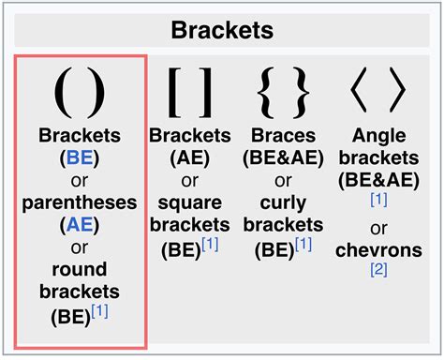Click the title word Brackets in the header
[x=221, y=28]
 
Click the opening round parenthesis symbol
[x=61, y=93]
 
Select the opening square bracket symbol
[x=175, y=93]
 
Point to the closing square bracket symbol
[x=207, y=93]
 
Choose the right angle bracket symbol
[x=396, y=93]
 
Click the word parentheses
[x=80, y=202]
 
